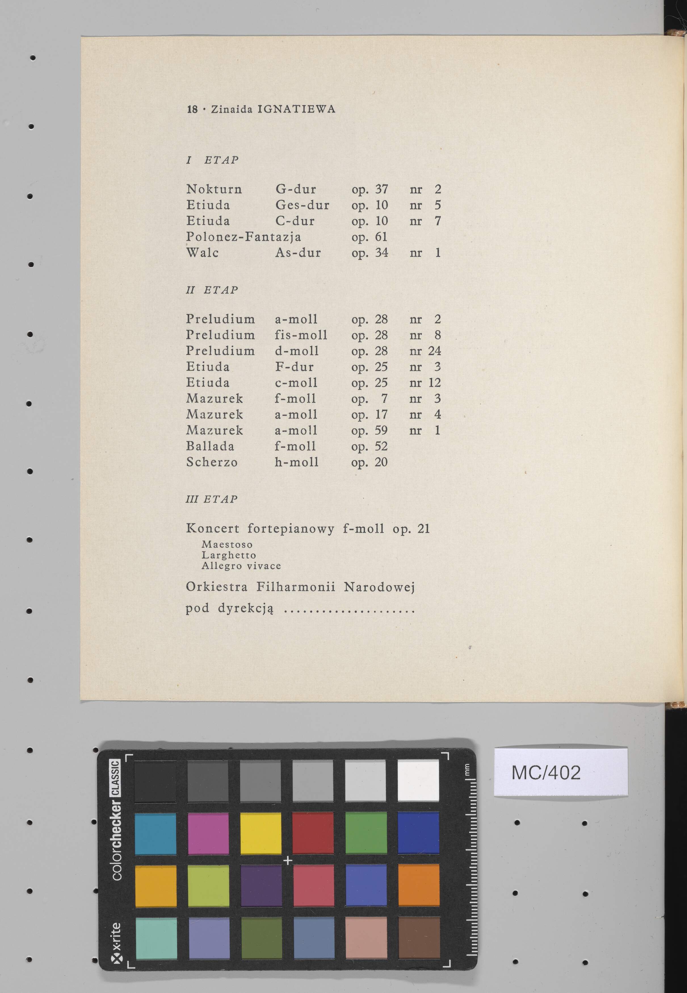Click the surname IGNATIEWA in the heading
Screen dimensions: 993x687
[x=296, y=109]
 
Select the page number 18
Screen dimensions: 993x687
[x=192, y=109]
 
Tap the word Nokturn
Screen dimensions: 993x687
[x=214, y=189]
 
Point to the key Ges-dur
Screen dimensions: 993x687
[x=302, y=205]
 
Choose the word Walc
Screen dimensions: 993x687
[x=202, y=253]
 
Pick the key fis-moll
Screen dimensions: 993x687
[x=301, y=335]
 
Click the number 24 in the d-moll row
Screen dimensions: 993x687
[x=434, y=351]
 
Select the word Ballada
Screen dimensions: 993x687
[x=210, y=446]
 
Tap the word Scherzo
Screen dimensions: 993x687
[x=212, y=462]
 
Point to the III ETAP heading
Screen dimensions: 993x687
[x=211, y=499]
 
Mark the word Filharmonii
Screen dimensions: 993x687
[x=296, y=587]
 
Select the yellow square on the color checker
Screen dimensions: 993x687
[x=260, y=833]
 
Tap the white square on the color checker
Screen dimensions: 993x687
[x=418, y=780]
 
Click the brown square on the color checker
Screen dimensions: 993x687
[x=419, y=938]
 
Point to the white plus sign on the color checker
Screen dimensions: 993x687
[x=287, y=860]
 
